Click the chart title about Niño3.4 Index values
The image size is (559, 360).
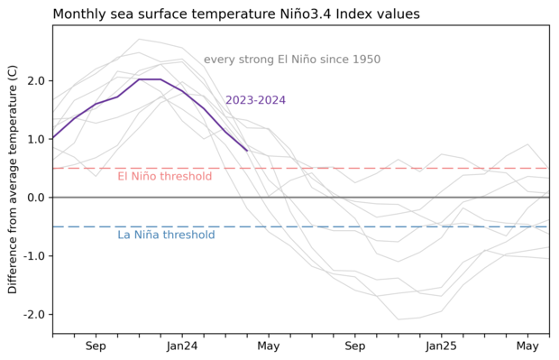(x=248, y=14)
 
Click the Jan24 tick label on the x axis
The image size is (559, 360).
(x=182, y=346)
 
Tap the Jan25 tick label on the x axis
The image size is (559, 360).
(x=442, y=346)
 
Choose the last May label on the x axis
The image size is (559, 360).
(x=528, y=346)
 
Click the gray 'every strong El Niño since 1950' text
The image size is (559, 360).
(x=305, y=60)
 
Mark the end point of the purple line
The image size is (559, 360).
(x=247, y=151)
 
